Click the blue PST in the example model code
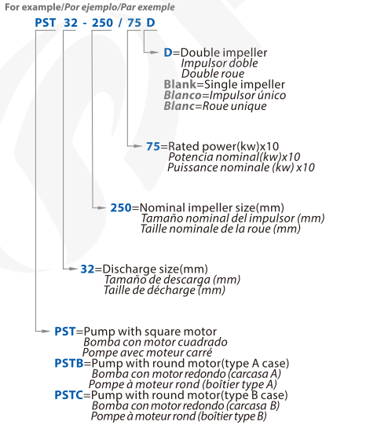(46, 23)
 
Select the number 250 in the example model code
(102, 23)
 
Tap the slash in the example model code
(120, 23)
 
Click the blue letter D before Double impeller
(168, 53)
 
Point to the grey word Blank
(180, 84)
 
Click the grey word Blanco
(182, 95)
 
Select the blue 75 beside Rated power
(153, 146)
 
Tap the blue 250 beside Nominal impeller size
(121, 207)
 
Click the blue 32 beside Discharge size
(87, 269)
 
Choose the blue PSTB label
(69, 363)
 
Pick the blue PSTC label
(68, 395)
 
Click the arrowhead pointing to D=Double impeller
(154, 53)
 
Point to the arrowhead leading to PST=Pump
(46, 331)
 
